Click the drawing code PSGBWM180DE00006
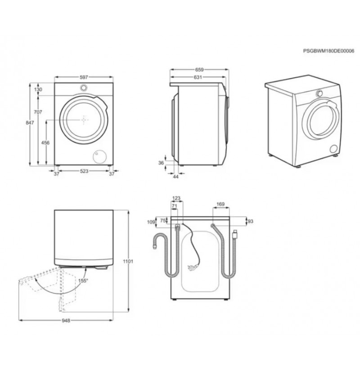click(328, 58)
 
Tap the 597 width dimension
click(84, 77)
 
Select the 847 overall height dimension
click(30, 123)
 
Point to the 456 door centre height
click(45, 143)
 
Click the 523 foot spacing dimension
click(84, 171)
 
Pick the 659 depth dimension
click(199, 70)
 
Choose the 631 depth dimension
click(198, 77)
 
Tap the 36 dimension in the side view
click(161, 163)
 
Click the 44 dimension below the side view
click(176, 177)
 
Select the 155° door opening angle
click(83, 281)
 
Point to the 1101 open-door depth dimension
click(128, 262)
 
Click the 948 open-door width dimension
click(66, 321)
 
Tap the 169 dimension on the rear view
click(220, 204)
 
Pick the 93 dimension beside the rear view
click(250, 221)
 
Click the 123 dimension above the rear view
click(176, 198)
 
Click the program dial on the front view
click(84, 88)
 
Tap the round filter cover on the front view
click(99, 156)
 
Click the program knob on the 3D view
click(319, 94)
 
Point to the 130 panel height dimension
click(38, 89)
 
